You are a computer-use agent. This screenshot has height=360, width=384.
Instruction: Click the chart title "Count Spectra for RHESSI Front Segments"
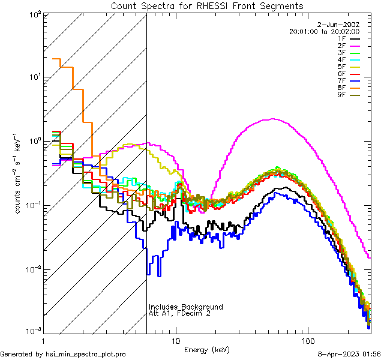pos(207,6)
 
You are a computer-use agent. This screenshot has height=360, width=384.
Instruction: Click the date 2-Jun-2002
pos(342,24)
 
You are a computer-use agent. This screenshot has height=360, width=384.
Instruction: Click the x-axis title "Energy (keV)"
pos(207,349)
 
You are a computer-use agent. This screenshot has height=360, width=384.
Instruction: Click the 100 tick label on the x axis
pos(307,340)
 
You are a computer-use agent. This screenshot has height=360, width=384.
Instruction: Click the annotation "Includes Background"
pos(186,307)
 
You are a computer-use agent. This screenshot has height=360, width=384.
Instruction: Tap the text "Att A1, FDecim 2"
pos(179,313)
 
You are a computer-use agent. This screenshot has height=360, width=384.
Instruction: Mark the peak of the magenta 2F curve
pos(273,119)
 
